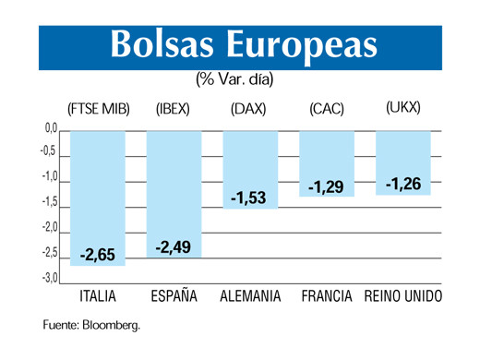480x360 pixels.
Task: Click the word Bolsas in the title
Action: pos(164,46)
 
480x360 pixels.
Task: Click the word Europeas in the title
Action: pos(302,46)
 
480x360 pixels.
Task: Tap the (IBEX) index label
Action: pos(174,108)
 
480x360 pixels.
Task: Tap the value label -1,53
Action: pos(249,198)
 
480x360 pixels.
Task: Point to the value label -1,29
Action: pos(326,186)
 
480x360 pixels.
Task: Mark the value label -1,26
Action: pos(403,185)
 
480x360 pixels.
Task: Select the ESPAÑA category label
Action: pos(174,297)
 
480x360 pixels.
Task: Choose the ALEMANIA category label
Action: pos(251,297)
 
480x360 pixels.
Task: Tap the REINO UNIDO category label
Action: pos(403,297)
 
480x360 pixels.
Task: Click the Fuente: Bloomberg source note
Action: pos(91,325)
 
